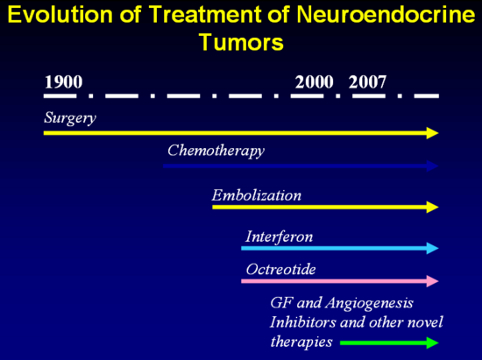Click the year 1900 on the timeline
tap(64, 82)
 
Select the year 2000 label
tap(314, 82)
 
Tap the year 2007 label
tap(367, 82)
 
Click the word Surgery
tap(70, 118)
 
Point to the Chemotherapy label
tap(216, 152)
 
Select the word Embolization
tap(257, 195)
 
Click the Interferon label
tap(279, 236)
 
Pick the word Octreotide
tap(281, 270)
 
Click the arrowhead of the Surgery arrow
tap(433, 133)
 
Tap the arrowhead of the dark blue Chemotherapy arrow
tap(433, 166)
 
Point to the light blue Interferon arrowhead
tap(433, 248)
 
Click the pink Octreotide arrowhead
tap(433, 281)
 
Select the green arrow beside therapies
tap(389, 342)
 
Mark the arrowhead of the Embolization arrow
tap(433, 207)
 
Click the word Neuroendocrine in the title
tap(386, 15)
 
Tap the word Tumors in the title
tap(242, 42)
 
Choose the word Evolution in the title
tap(60, 15)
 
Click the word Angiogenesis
tap(369, 303)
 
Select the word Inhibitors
tap(302, 322)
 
